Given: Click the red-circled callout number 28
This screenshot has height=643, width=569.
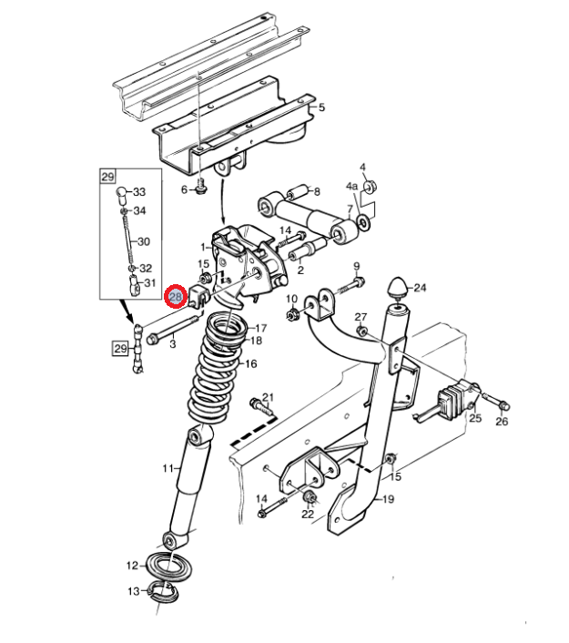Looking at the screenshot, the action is (176, 296).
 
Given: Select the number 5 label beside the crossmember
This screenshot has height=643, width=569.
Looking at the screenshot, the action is (321, 107).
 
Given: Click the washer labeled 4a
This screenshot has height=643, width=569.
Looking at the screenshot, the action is (364, 222).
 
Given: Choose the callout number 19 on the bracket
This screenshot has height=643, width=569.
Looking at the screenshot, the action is (388, 499).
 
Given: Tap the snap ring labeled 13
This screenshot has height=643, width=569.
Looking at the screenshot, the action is (164, 593).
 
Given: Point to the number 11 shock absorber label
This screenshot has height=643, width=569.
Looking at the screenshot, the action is (168, 468).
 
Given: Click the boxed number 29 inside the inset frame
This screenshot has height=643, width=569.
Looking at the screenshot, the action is (107, 177).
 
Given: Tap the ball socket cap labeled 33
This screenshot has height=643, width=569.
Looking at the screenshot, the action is (122, 195).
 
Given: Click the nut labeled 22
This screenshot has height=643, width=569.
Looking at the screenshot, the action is (310, 497).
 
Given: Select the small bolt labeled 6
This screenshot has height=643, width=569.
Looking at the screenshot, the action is (201, 186).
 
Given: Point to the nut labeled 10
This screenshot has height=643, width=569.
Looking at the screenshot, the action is (292, 314).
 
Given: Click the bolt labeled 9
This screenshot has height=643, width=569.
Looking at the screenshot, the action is (351, 286).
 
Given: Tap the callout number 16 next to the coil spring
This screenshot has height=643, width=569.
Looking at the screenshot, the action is (251, 363).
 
